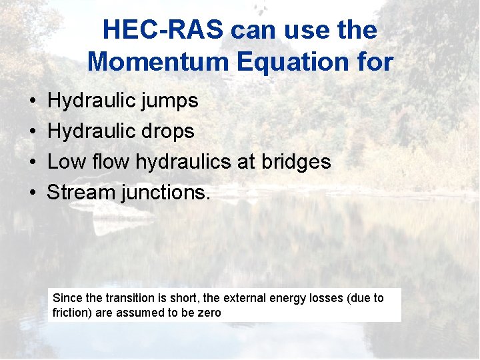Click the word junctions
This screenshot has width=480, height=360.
point(165,193)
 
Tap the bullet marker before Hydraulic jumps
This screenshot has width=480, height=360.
point(33,101)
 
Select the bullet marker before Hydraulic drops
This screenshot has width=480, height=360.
point(33,131)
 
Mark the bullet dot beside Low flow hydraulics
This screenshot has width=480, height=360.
point(33,162)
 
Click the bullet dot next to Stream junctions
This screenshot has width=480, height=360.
point(33,193)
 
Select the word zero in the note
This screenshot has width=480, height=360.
point(209,313)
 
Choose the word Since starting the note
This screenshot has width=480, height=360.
point(66,298)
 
